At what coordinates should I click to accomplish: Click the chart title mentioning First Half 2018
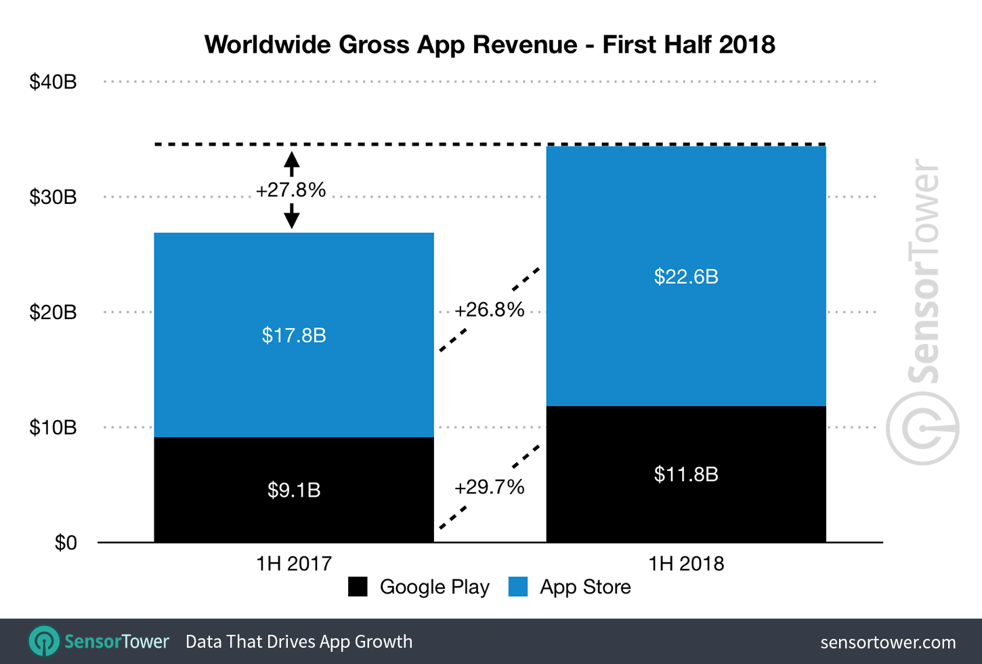point(490,45)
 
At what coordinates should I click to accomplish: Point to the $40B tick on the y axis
point(53,82)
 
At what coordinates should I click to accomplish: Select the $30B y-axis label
point(53,197)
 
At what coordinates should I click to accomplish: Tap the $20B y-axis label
point(53,312)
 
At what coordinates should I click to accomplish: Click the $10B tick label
point(53,428)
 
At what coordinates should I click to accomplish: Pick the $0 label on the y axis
point(66,543)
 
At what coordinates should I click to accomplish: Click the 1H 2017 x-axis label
point(294,563)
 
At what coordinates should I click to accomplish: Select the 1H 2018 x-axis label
point(686,563)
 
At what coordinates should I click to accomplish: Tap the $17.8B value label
point(294,335)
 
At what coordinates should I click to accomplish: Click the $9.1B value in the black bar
point(294,490)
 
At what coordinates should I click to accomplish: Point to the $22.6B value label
point(686,276)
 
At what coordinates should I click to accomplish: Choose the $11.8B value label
point(686,474)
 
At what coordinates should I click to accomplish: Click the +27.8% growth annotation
point(291,190)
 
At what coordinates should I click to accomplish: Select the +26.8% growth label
point(490,310)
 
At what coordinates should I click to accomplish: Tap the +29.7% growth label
point(490,487)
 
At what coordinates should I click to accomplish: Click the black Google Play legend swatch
point(358,587)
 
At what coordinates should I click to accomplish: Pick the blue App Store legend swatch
point(518,587)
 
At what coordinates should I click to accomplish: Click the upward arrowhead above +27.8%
point(291,160)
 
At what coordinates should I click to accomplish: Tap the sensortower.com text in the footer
point(888,642)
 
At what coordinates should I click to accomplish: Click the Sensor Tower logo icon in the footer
point(45,641)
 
